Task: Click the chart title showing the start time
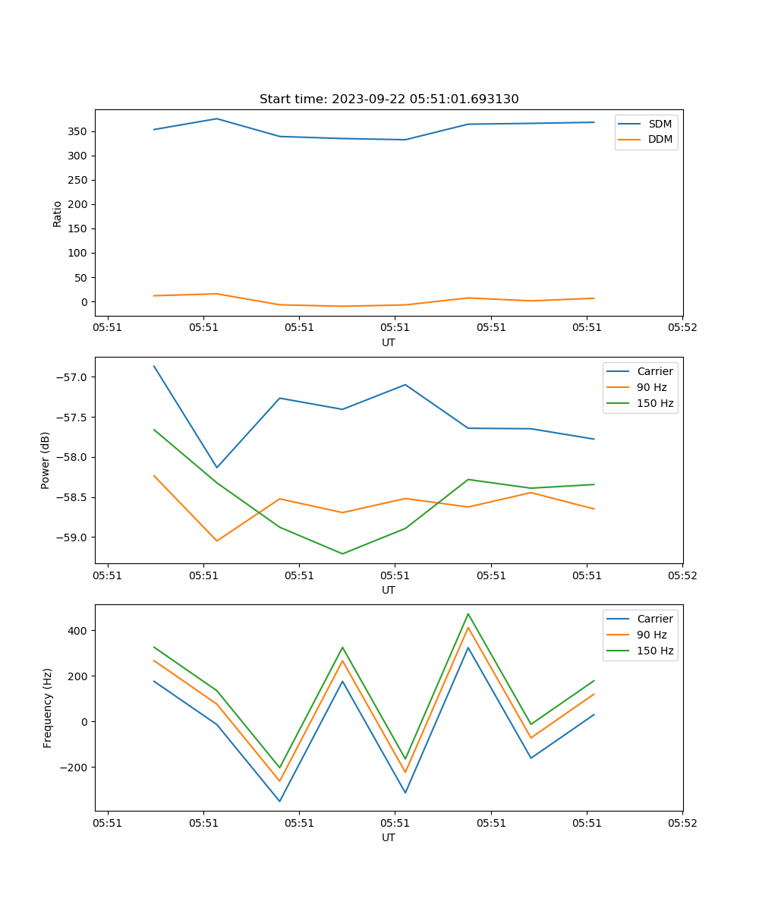click(389, 99)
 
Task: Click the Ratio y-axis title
click(58, 213)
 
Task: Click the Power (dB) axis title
click(46, 460)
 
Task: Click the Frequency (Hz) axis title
click(47, 708)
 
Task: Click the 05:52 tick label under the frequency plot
click(682, 823)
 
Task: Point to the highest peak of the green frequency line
click(468, 614)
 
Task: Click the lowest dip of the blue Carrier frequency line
click(279, 801)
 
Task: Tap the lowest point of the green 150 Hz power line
click(342, 553)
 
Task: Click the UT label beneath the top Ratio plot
click(389, 342)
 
